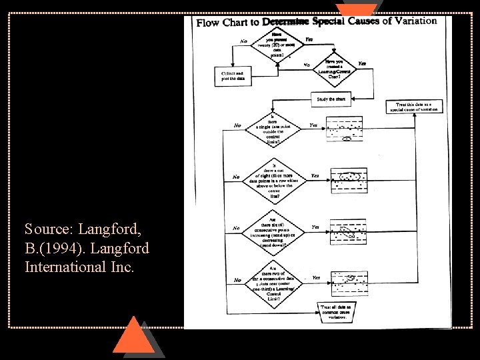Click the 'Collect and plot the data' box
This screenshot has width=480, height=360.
pos(233,76)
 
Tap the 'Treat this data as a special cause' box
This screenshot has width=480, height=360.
pos(414,107)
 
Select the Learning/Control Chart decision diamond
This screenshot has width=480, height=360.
pos(335,69)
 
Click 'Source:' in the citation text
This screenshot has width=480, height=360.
pos(49,229)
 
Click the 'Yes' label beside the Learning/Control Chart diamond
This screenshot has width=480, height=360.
pos(362,63)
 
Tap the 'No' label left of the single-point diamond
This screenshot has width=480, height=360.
pos(237,125)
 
